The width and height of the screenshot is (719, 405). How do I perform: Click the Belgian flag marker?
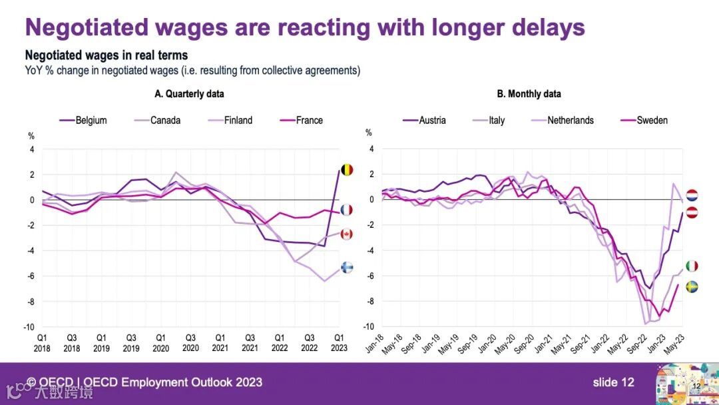tap(347, 170)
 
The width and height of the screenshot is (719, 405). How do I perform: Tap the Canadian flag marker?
tap(347, 234)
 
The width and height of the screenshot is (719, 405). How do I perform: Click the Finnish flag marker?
tap(347, 267)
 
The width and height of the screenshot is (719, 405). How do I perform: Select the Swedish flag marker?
tap(692, 286)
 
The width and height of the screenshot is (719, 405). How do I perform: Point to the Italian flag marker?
tap(692, 266)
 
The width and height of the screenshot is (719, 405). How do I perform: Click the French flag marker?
tap(347, 210)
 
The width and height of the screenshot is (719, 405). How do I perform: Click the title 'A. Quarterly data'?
tap(189, 94)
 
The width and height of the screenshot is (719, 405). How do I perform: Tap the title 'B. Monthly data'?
tap(529, 94)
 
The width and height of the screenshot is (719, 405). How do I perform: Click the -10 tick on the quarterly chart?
tap(29, 327)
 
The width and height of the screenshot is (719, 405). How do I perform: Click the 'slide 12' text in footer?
tap(613, 382)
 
